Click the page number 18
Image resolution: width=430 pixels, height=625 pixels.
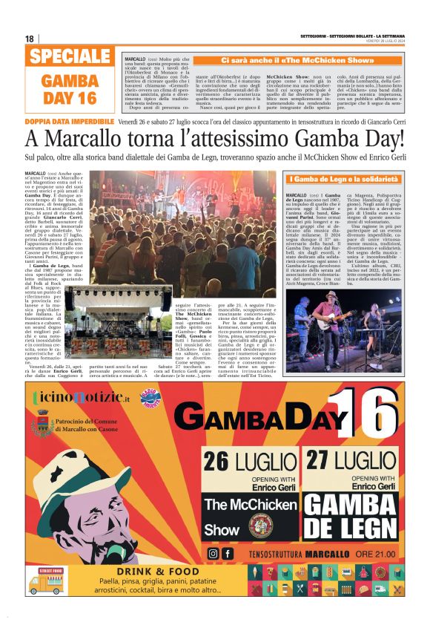tap(30, 39)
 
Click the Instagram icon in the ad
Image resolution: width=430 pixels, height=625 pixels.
tap(214, 553)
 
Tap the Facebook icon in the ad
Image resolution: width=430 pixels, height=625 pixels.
tap(228, 553)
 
